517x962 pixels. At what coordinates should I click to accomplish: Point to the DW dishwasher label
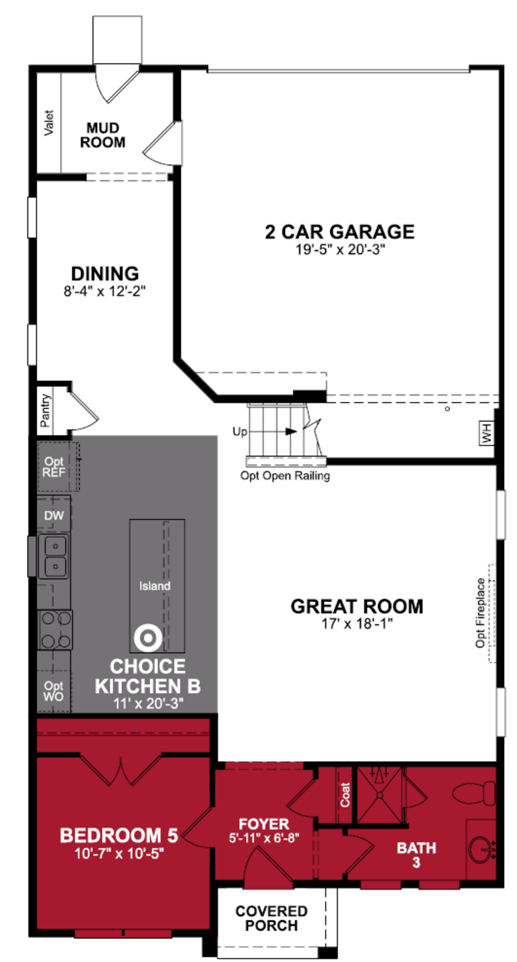[54, 516]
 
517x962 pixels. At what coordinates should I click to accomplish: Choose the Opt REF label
[54, 467]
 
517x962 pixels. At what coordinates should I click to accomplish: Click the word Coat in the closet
[345, 795]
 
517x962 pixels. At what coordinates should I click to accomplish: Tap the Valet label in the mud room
[48, 123]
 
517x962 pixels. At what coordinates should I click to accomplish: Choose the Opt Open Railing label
[285, 476]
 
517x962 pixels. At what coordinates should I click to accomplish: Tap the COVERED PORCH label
[271, 918]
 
